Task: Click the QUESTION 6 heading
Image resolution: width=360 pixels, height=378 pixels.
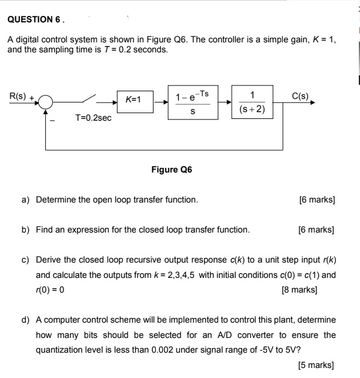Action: click(x=34, y=19)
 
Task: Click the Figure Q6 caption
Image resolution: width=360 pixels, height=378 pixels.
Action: click(x=171, y=170)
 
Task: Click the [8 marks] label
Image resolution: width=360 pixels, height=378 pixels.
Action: click(x=300, y=290)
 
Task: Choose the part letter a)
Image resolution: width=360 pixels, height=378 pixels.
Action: click(x=26, y=200)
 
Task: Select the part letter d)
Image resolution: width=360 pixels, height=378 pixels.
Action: click(x=26, y=320)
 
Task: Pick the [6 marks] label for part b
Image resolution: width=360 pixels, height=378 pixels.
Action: click(x=316, y=230)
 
